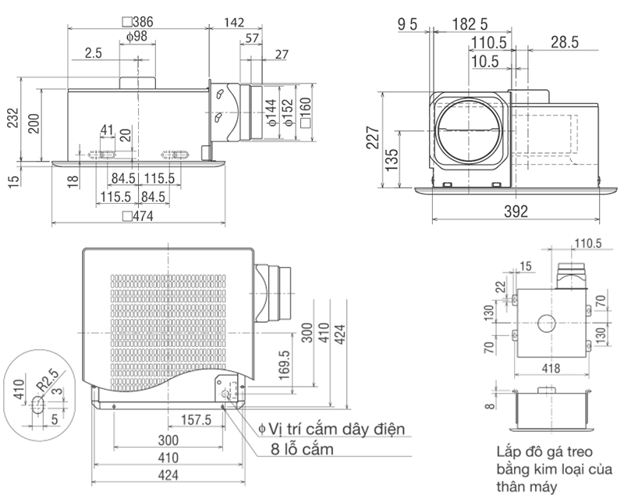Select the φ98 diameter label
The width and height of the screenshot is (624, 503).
(136, 37)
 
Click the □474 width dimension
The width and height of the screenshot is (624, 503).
(138, 216)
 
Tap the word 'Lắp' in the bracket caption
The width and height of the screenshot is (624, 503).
(509, 452)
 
